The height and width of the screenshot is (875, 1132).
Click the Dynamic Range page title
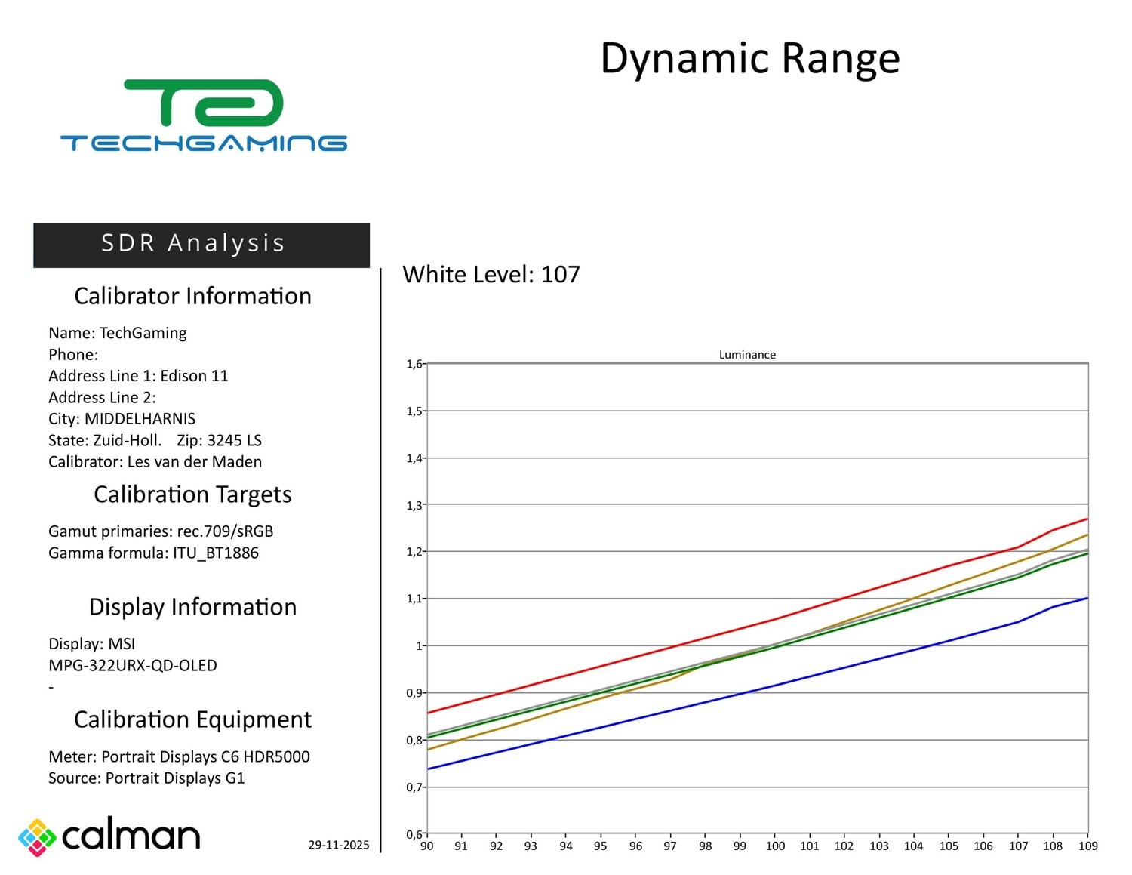point(749,58)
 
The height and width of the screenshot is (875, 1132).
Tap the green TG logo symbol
point(204,103)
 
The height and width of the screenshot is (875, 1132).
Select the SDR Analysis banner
point(201,244)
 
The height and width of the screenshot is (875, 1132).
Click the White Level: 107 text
point(491,274)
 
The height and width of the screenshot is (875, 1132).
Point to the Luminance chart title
point(746,355)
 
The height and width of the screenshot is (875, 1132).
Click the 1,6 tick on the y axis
point(414,364)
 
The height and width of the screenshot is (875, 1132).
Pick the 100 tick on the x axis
point(775,846)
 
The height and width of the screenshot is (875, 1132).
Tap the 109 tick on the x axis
point(1087,846)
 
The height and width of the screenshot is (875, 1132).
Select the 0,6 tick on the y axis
point(414,834)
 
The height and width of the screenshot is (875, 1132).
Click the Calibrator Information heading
point(192,296)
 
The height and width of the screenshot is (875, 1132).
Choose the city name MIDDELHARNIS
point(140,419)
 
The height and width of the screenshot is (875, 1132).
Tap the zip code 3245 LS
point(234,441)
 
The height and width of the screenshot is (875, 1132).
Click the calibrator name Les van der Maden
point(194,462)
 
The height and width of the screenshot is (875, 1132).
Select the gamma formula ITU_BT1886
point(215,553)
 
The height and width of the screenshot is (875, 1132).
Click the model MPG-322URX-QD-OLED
point(133,666)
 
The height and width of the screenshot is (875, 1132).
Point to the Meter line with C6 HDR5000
point(179,756)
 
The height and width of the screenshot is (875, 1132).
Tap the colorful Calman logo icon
point(37,837)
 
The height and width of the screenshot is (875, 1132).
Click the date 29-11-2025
point(338,845)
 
